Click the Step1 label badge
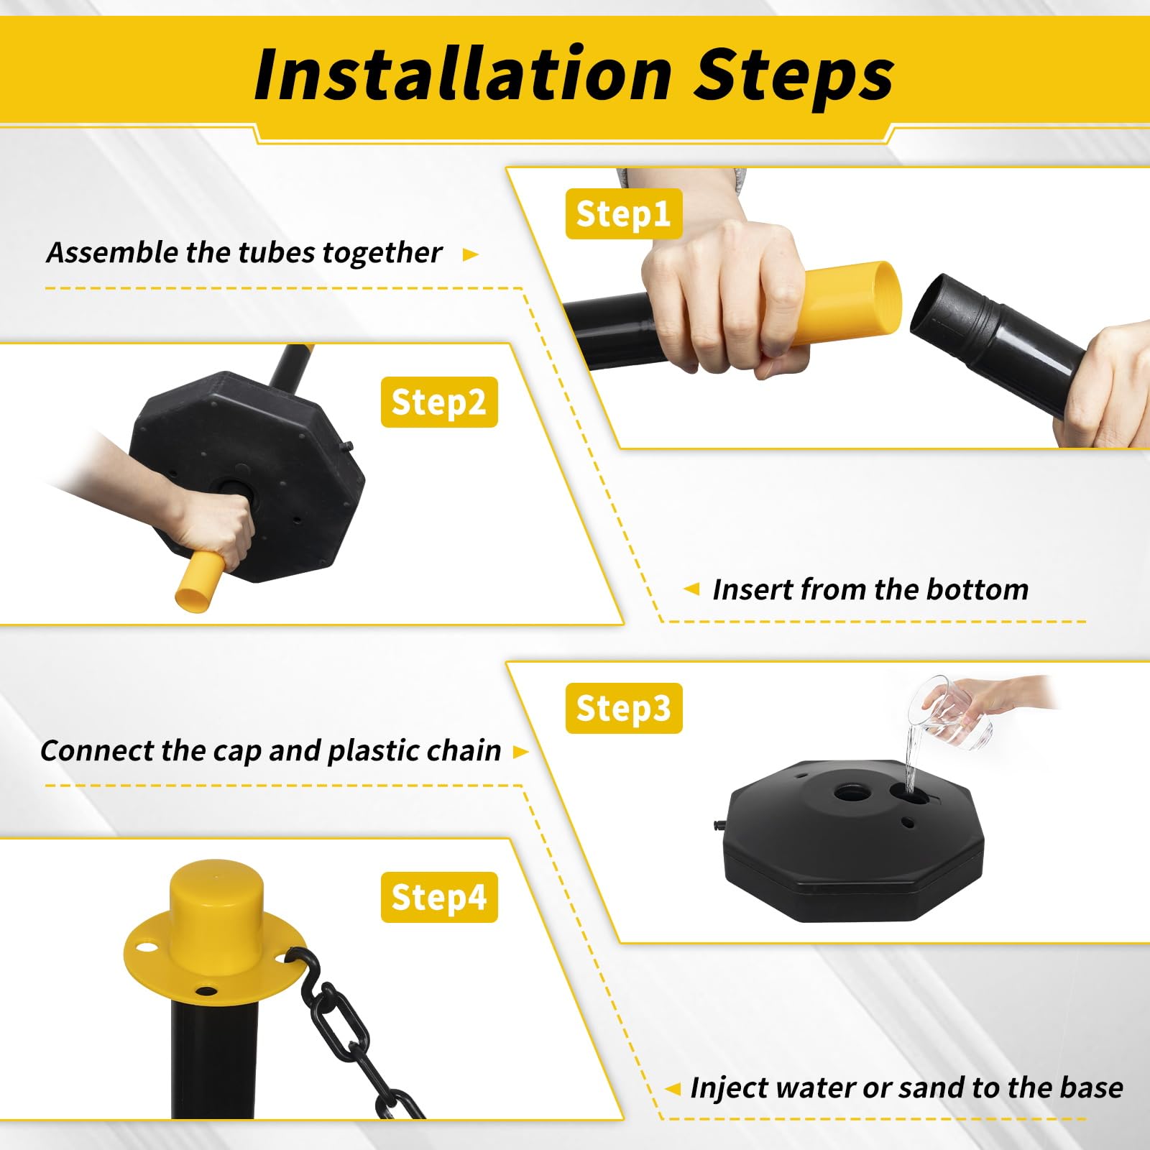click(623, 213)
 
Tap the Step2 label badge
click(439, 402)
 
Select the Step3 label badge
click(623, 708)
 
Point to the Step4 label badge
click(439, 897)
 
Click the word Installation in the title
click(464, 74)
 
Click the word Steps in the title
click(794, 76)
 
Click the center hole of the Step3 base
click(852, 793)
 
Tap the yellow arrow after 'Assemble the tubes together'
click(471, 254)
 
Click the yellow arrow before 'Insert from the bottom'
click(691, 589)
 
